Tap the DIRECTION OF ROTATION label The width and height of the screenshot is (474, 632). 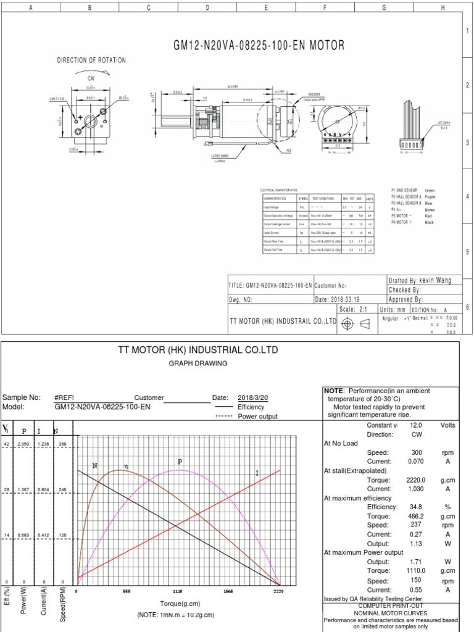(x=91, y=60)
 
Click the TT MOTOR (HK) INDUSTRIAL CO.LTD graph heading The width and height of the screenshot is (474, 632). (x=198, y=350)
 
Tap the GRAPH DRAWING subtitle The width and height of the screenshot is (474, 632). (x=198, y=364)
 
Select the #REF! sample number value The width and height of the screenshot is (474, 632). (x=65, y=397)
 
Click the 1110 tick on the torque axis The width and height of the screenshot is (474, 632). (x=178, y=591)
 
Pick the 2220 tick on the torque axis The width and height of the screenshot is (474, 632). (x=278, y=591)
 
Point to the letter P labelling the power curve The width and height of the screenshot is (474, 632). (x=180, y=462)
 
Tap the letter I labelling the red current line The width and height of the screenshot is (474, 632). (x=257, y=473)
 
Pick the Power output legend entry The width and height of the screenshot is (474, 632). (x=258, y=416)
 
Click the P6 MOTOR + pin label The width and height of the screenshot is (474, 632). (x=404, y=223)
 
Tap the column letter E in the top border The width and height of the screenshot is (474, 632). (x=266, y=7)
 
